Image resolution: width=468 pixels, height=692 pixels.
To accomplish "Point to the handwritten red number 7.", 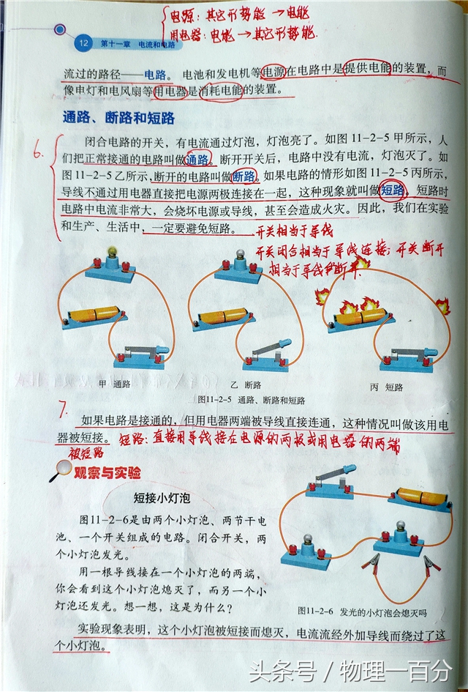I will [64, 409].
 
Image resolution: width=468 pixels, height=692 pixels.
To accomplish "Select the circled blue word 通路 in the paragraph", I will [198, 159].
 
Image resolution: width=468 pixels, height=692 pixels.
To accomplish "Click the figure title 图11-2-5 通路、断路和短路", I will [251, 401].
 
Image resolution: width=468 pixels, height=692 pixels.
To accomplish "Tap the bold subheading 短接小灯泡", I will [162, 499].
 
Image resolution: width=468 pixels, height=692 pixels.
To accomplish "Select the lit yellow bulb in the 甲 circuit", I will [113, 253].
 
